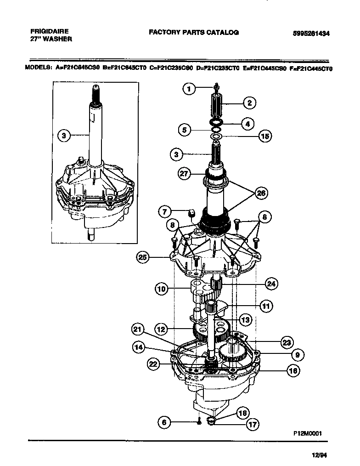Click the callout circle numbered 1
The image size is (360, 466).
click(x=189, y=89)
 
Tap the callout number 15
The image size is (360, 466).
click(x=264, y=136)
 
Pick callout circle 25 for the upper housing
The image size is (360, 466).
click(x=143, y=257)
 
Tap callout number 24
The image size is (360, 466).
click(x=271, y=284)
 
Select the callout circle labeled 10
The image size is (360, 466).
click(x=161, y=289)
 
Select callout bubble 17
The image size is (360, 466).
click(x=252, y=425)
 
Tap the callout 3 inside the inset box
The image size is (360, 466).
click(x=64, y=135)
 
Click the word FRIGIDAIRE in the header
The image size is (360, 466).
click(x=49, y=31)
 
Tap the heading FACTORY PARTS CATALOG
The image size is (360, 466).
click(x=193, y=33)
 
